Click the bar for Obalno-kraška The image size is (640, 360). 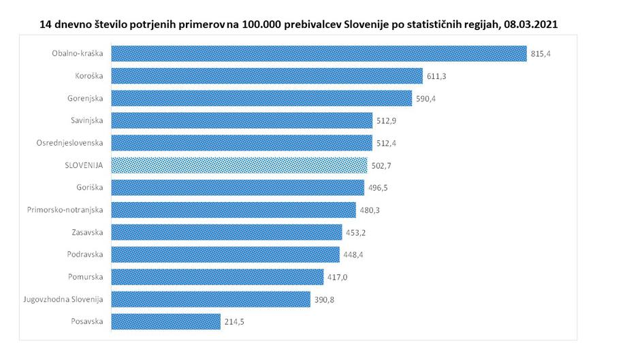(319, 54)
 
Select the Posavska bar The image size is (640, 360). (165, 321)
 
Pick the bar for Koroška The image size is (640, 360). (266, 76)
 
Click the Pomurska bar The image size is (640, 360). (217, 277)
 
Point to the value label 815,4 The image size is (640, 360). (541, 54)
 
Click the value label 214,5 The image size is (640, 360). (234, 322)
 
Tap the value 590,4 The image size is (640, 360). (426, 99)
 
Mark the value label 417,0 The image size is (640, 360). (337, 277)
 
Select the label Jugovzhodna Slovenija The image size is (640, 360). (63, 299)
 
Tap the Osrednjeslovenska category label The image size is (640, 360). (70, 143)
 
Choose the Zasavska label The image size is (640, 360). (88, 233)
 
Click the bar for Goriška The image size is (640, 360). (238, 188)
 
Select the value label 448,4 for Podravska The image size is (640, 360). (353, 255)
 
